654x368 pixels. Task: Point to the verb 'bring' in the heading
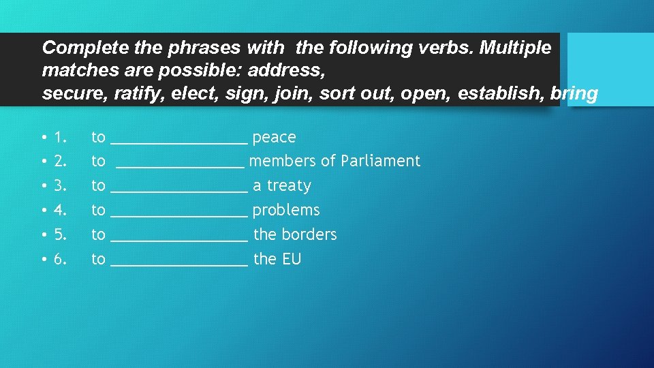574,93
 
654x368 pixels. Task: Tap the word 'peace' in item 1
274,137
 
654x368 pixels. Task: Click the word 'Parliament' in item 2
380,162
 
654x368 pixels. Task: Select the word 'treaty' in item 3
289,186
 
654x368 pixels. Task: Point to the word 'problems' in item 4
285,211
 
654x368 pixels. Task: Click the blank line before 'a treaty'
178,189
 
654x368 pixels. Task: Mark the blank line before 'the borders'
178,238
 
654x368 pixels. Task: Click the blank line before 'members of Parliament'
180,164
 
